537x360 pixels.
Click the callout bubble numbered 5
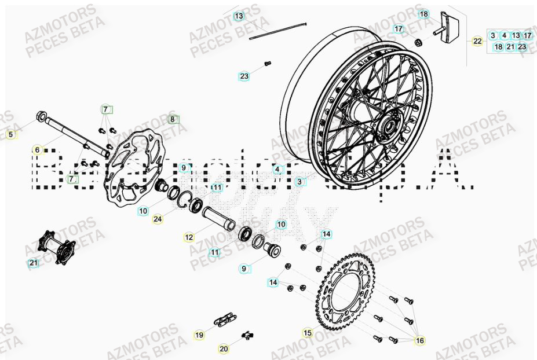coord(10,135)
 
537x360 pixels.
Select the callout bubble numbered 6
coord(37,150)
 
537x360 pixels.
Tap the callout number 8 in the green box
coord(172,120)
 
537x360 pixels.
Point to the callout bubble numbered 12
coord(189,237)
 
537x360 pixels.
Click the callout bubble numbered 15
coord(308,333)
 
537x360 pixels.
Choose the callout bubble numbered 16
coord(420,341)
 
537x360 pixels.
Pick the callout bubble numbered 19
coord(199,335)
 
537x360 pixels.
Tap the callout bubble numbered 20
coord(224,349)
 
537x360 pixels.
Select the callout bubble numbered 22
coord(477,41)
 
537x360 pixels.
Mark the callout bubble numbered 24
coord(158,219)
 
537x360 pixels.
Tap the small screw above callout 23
coord(267,63)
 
